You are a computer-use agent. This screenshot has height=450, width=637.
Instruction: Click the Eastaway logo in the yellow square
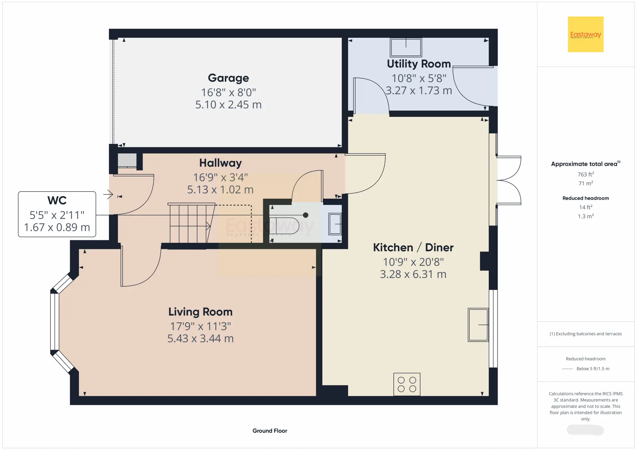(586, 34)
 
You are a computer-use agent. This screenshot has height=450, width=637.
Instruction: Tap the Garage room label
(228, 78)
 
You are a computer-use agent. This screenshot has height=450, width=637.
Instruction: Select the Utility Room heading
(419, 64)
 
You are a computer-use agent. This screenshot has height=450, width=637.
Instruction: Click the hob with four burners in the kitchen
(407, 384)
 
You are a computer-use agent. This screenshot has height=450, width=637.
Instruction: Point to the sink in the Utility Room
(406, 47)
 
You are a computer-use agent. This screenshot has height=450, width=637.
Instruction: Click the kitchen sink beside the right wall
(478, 325)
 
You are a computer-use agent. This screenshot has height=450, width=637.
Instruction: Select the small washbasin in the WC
(335, 224)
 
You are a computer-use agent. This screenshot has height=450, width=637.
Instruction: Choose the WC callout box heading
(57, 200)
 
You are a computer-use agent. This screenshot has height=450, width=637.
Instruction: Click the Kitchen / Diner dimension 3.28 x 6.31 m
(413, 274)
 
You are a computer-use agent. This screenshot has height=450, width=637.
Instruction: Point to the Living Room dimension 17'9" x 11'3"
(200, 326)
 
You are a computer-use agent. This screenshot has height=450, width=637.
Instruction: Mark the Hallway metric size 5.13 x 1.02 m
(220, 190)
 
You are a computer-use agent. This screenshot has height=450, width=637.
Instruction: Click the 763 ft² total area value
(586, 174)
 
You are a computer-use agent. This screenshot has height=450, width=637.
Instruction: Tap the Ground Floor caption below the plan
(270, 431)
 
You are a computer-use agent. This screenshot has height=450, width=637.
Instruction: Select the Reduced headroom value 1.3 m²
(586, 216)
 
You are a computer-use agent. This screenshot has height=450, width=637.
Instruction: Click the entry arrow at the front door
(108, 194)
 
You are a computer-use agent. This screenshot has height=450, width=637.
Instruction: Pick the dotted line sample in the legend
(568, 369)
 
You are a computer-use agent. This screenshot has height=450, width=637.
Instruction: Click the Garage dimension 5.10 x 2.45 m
(228, 105)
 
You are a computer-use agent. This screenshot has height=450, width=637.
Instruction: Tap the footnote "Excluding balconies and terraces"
(589, 334)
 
